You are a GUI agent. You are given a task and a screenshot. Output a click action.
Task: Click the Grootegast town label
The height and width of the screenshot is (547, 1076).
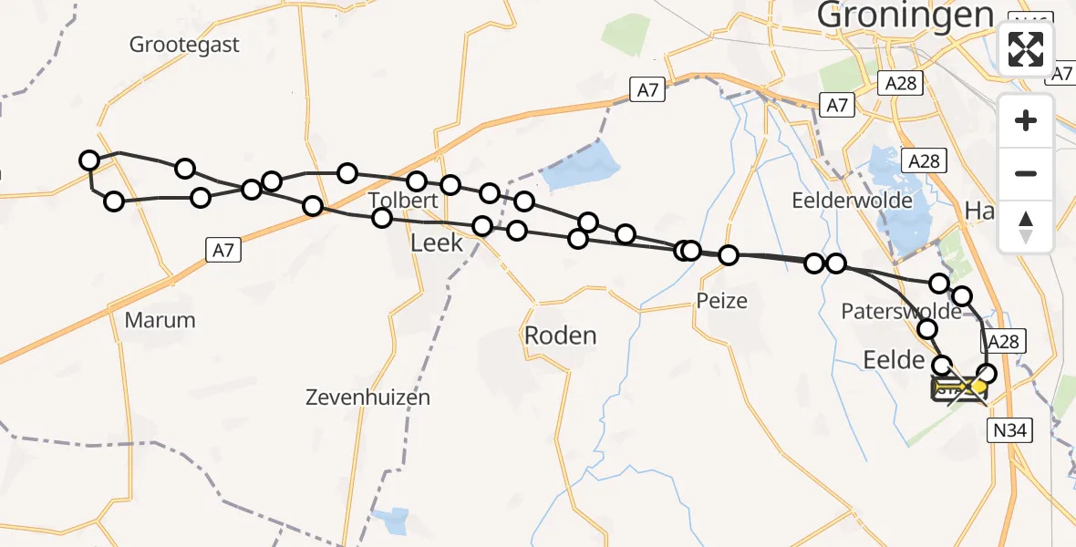[x=184, y=44]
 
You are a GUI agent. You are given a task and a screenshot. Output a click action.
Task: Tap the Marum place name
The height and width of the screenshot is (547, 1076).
[x=160, y=320]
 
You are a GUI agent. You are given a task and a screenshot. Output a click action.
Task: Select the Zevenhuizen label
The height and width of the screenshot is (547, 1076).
[x=367, y=397]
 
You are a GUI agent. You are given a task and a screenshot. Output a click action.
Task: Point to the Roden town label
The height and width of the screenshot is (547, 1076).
[x=560, y=335]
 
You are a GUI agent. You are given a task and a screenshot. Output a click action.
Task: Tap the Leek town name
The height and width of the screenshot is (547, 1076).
[x=437, y=243]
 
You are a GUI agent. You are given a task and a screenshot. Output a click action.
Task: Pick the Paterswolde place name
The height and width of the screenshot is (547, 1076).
[x=900, y=311]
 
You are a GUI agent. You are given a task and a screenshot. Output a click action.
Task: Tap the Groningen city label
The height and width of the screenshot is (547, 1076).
[x=905, y=15]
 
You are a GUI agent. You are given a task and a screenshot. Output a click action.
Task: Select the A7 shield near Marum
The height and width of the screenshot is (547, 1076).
[x=223, y=249]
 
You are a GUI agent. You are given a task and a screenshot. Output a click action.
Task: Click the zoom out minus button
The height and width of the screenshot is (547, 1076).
[x=1026, y=174]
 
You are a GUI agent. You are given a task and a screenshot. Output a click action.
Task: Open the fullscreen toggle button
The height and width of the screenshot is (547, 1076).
[x=1026, y=49]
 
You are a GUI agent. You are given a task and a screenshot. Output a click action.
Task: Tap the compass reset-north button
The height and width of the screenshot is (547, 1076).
[x=1026, y=226]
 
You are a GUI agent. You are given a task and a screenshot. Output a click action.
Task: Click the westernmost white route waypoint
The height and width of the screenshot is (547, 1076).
[x=88, y=161]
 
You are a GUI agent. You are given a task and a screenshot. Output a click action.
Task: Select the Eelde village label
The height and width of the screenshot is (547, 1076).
[x=894, y=361]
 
